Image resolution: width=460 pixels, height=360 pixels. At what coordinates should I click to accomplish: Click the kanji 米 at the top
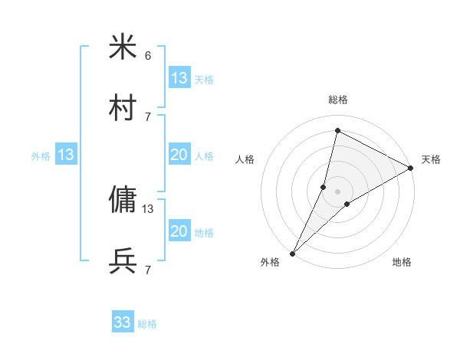pyautogui.click(x=123, y=47)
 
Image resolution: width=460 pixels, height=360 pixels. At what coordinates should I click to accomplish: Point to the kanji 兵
pyautogui.click(x=123, y=260)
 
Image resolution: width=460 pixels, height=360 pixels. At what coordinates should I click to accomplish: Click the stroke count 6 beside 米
pyautogui.click(x=148, y=56)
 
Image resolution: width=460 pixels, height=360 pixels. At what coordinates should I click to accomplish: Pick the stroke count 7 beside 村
pyautogui.click(x=148, y=116)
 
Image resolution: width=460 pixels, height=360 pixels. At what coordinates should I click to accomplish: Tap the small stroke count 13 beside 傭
pyautogui.click(x=148, y=208)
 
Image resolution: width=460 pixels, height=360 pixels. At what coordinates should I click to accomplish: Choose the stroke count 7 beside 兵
pyautogui.click(x=148, y=270)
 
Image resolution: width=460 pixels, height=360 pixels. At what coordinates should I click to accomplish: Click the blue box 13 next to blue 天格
pyautogui.click(x=179, y=77)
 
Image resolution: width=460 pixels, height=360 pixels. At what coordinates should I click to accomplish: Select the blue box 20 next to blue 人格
pyautogui.click(x=179, y=155)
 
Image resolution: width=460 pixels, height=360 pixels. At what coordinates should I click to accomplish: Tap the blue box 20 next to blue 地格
pyautogui.click(x=179, y=231)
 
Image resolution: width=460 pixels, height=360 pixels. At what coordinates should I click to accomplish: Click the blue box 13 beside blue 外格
pyautogui.click(x=66, y=155)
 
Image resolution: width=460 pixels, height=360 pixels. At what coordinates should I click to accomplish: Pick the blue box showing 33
pyautogui.click(x=123, y=322)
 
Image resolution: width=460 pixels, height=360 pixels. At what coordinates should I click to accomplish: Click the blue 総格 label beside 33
pyautogui.click(x=148, y=324)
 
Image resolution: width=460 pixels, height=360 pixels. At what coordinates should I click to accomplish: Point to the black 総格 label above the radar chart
pyautogui.click(x=337, y=100)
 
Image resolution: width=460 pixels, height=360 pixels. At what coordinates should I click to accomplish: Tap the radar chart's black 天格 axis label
pyautogui.click(x=431, y=159)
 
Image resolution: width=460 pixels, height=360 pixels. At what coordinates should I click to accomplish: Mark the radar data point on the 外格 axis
pyautogui.click(x=292, y=253)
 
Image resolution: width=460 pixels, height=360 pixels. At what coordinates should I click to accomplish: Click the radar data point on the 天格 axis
pyautogui.click(x=411, y=168)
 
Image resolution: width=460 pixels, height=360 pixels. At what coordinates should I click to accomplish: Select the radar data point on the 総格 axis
pyautogui.click(x=337, y=130)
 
